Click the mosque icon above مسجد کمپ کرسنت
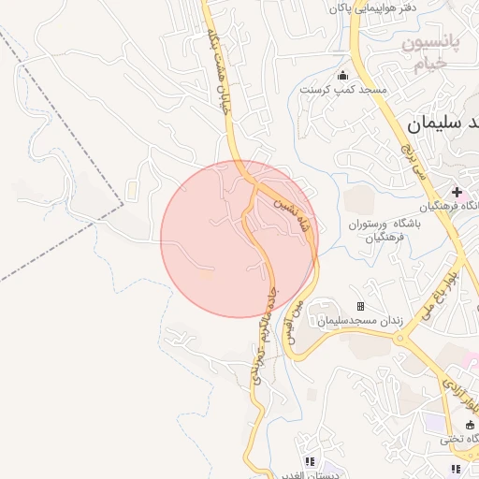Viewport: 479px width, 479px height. [x=342, y=76]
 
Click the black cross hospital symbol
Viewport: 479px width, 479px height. [x=456, y=192]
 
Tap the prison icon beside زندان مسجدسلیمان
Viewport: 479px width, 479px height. [x=359, y=306]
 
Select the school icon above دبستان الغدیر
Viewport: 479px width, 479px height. [x=310, y=461]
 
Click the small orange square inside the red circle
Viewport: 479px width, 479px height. [x=207, y=275]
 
